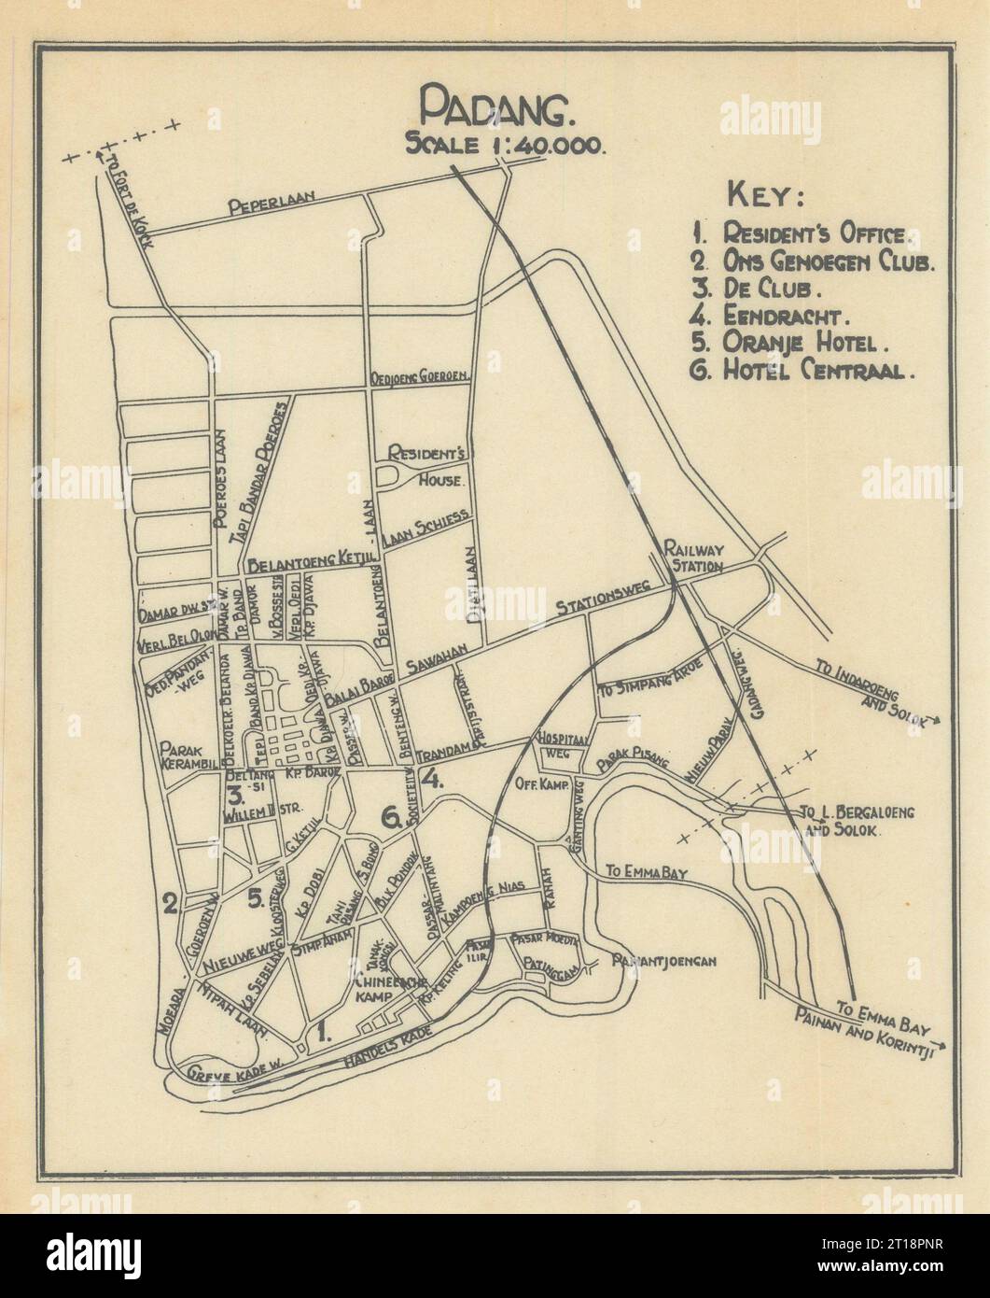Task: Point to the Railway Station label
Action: pyautogui.click(x=693, y=557)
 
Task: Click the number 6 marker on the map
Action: pyautogui.click(x=391, y=819)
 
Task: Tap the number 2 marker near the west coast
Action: pyautogui.click(x=170, y=903)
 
